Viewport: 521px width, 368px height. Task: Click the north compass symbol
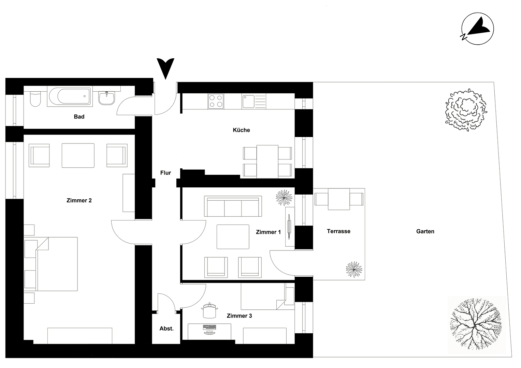click(477, 29)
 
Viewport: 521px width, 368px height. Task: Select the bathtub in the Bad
click(70, 97)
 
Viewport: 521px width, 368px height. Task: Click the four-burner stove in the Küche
click(216, 101)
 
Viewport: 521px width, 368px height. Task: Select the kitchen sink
click(254, 102)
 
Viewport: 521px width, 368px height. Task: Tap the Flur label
click(165, 173)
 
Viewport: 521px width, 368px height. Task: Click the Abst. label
click(167, 328)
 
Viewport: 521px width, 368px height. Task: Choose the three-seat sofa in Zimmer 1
click(233, 206)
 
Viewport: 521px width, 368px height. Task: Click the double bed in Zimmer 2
click(56, 264)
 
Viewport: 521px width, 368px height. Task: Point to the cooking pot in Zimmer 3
click(209, 310)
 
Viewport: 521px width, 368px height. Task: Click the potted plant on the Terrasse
click(354, 270)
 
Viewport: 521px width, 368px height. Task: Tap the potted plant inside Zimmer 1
click(284, 197)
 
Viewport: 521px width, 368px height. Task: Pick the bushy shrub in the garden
click(465, 110)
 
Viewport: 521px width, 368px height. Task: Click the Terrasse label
click(338, 231)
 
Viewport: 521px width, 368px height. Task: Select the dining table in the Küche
click(267, 161)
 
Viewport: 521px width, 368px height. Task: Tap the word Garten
click(425, 231)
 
